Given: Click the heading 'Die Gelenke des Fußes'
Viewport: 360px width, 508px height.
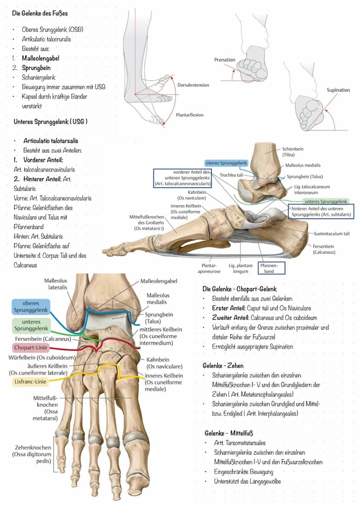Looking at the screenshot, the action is coord(40,13).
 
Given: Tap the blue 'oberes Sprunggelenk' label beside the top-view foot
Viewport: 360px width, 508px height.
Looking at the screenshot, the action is coord(30,306).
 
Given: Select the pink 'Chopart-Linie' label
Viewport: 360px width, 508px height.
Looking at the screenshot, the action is coord(30,348).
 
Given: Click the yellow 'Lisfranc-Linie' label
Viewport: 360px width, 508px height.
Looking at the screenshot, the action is coord(30,382).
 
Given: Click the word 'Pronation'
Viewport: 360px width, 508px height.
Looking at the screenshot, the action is coord(224,60).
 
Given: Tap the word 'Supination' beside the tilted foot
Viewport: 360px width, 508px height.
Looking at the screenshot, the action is coord(338,90).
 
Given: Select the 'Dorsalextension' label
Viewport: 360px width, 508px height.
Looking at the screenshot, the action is coord(193,85).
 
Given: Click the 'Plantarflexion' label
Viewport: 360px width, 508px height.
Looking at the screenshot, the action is coord(190,115).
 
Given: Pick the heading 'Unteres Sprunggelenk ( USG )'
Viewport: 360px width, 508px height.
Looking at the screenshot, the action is coord(50,122).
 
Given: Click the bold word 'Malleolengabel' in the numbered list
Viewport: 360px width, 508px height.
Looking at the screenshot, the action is coord(40,58).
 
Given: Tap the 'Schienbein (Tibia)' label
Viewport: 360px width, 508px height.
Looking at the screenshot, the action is coord(293,152).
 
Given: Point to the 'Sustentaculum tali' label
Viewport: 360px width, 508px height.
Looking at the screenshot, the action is coord(331,234).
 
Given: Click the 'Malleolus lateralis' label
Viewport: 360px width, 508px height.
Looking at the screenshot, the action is coord(56,284).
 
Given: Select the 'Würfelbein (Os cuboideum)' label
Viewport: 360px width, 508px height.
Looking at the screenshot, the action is coord(42,358).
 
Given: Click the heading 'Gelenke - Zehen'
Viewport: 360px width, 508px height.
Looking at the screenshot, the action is coord(223,366).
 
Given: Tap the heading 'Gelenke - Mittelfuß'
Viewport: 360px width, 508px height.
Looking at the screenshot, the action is coord(228,433).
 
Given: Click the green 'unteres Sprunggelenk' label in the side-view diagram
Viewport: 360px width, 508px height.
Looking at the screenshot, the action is coord(326,202).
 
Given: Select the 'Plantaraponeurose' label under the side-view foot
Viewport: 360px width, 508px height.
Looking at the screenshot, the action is coord(209,269).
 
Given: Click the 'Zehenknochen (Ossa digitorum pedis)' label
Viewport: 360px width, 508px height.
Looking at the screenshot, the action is coord(32,454).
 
